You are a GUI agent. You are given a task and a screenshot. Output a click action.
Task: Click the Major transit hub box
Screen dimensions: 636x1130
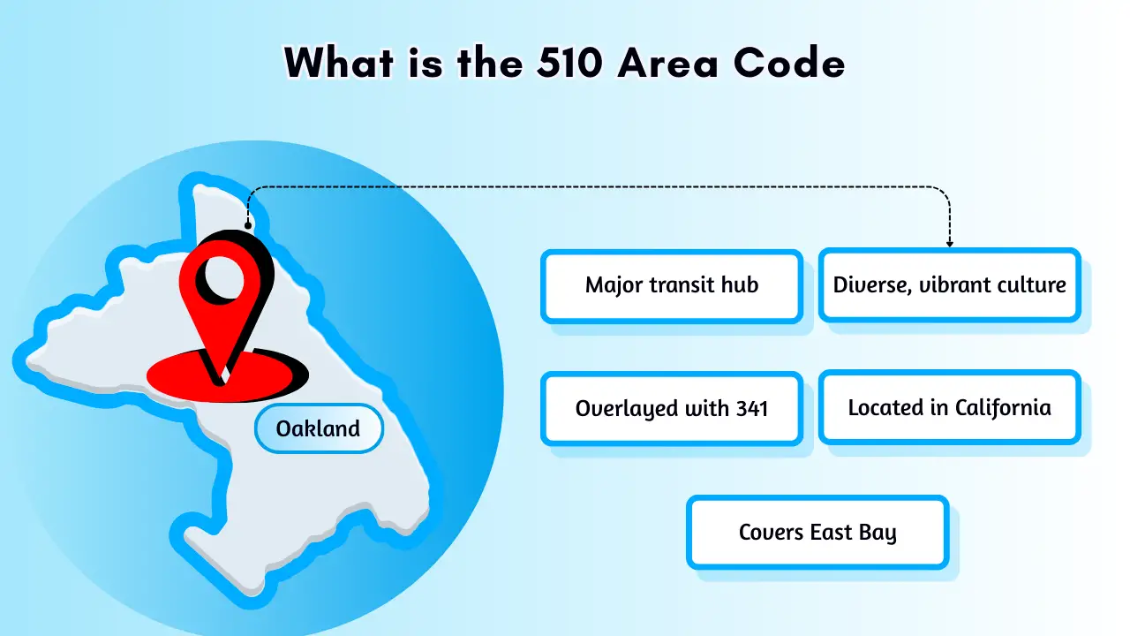[x=672, y=285]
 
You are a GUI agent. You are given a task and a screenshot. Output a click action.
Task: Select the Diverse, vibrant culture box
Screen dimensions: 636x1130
[x=949, y=285]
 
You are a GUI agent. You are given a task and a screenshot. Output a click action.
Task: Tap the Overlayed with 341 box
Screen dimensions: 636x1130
[x=672, y=408]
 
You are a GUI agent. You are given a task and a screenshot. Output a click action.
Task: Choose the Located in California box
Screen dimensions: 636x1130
[x=949, y=407]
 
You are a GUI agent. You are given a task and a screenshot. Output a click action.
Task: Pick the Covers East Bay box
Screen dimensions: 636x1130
[x=817, y=532]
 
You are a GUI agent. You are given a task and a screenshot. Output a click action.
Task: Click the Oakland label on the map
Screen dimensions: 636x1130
[x=319, y=429]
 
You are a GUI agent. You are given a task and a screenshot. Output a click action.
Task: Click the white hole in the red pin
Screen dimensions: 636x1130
[x=222, y=277]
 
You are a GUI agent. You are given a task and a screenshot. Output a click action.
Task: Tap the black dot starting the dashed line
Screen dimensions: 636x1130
[x=248, y=225]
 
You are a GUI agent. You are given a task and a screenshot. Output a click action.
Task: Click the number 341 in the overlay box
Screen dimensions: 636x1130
[x=750, y=408]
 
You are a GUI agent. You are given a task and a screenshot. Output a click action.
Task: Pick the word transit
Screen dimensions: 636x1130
[x=687, y=285]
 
